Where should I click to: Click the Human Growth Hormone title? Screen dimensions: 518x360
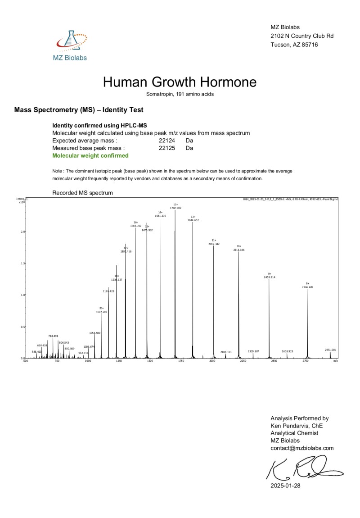click(180, 82)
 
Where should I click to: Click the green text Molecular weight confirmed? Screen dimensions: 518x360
click(90, 155)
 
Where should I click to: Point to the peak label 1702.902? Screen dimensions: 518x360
click(175, 208)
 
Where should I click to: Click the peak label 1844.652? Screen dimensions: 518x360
click(193, 220)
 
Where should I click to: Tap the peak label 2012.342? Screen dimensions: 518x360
click(214, 244)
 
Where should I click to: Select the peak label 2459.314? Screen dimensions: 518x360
click(270, 277)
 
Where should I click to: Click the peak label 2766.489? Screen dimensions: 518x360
click(307, 287)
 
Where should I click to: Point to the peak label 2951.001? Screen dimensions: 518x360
click(330, 350)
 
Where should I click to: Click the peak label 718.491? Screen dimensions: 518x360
click(53, 336)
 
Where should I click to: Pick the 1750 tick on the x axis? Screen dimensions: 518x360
click(181, 361)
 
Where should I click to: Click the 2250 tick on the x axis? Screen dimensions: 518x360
click(243, 361)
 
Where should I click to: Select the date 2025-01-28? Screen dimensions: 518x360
click(285, 486)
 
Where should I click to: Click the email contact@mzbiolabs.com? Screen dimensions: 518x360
click(302, 448)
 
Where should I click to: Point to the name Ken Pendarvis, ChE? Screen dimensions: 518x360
click(297, 426)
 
